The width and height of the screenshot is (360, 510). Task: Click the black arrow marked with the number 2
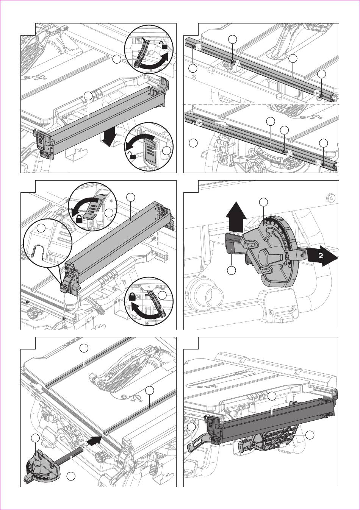pyautogui.click(x=322, y=256)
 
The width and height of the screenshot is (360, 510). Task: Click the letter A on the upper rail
pyautogui.click(x=237, y=64)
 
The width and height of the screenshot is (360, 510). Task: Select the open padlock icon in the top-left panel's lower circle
pyautogui.click(x=131, y=155)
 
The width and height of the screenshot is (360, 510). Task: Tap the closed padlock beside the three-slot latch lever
pyautogui.click(x=79, y=219)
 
